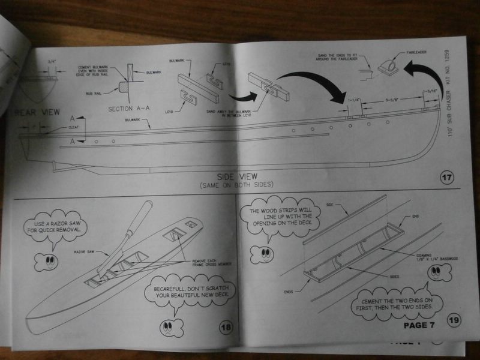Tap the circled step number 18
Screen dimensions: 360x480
226,327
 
